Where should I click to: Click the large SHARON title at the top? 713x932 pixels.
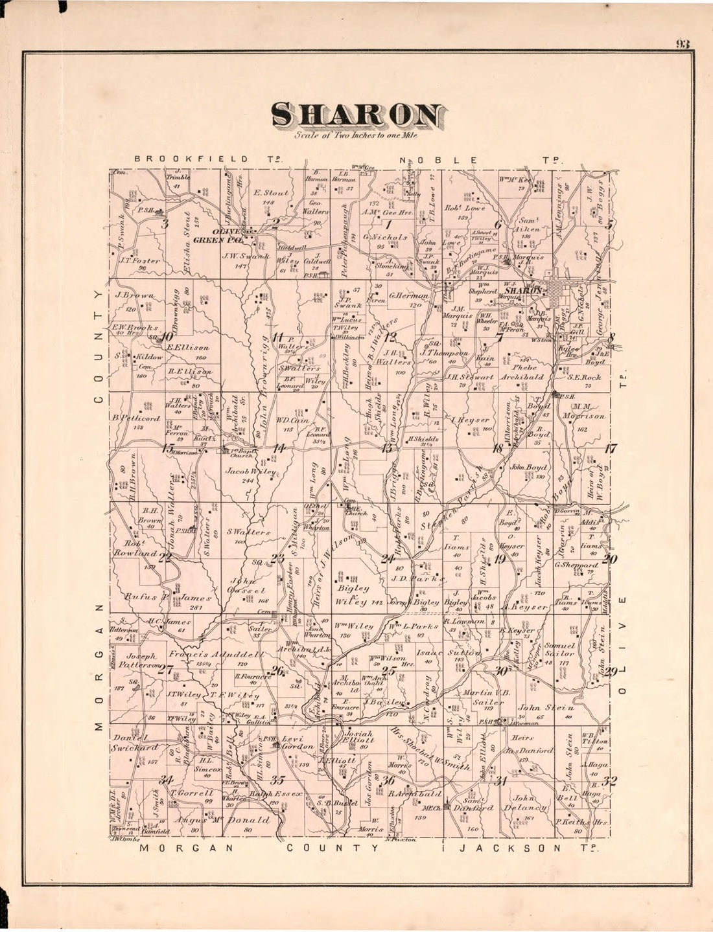coord(357,115)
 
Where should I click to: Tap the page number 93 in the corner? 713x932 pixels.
coord(683,44)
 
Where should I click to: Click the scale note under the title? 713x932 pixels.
coord(356,137)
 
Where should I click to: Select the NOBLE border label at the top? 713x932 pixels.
coord(439,160)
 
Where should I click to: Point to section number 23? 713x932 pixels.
coord(277,558)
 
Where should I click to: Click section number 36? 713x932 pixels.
coord(388,780)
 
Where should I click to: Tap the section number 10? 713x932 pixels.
coord(167,337)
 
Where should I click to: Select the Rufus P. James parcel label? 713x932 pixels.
coord(169,597)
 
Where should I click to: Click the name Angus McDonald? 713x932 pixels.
coord(222,820)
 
